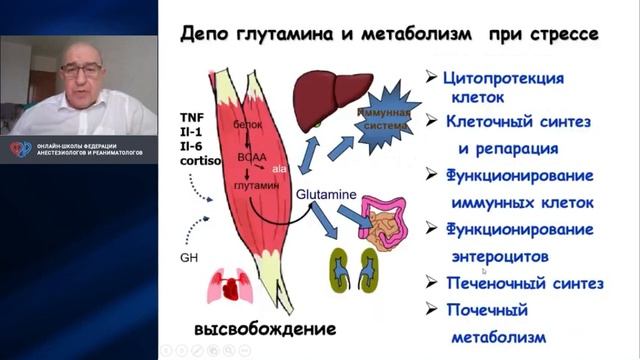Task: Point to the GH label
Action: coord(189,257)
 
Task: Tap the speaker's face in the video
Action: coord(79,74)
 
